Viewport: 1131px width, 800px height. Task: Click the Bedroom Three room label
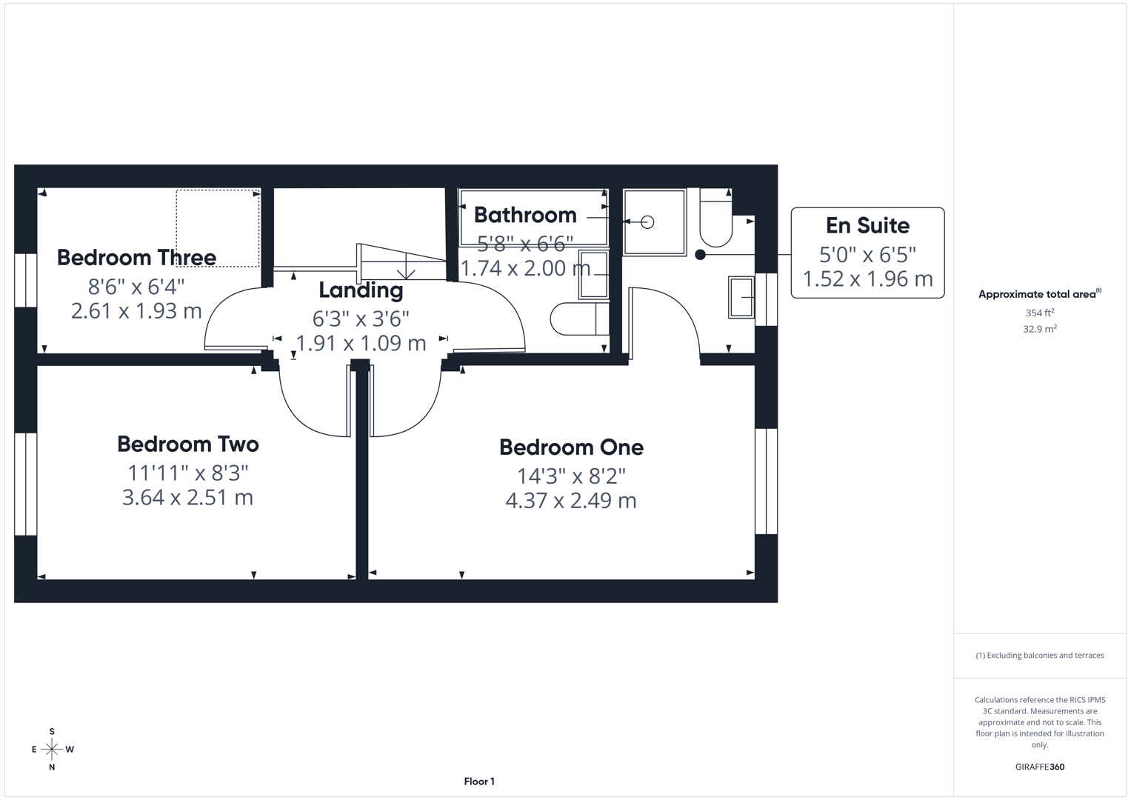click(136, 258)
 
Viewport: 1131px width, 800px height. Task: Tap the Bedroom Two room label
click(188, 444)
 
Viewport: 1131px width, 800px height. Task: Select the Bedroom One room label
click(571, 447)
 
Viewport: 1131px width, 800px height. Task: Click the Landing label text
click(361, 290)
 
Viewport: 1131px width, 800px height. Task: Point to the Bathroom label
click(525, 215)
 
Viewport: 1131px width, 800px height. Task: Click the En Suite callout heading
click(867, 225)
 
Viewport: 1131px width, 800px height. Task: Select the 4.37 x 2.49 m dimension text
click(571, 501)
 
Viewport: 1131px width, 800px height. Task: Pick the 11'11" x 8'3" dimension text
click(188, 472)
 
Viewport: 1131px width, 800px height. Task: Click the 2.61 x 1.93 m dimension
click(136, 310)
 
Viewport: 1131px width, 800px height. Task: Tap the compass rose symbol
click(52, 750)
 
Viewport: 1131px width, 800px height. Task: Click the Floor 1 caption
click(479, 781)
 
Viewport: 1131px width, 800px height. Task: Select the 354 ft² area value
click(1039, 313)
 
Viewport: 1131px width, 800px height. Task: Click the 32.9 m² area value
click(1039, 329)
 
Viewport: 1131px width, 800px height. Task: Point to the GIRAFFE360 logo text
click(1039, 767)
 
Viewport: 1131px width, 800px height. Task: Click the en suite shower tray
click(654, 222)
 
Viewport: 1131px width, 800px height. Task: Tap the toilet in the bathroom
click(578, 319)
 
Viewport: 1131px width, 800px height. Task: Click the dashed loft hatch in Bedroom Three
click(218, 228)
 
